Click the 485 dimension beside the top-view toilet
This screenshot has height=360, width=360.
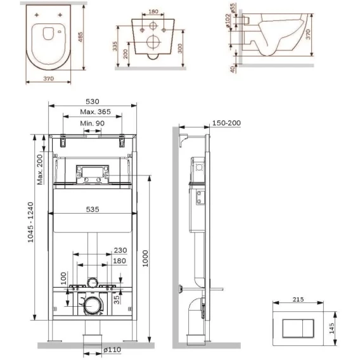click(80, 37)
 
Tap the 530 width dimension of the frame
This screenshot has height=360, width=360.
click(93, 101)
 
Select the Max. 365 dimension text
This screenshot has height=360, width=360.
click(95, 112)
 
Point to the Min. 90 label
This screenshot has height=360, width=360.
click(93, 124)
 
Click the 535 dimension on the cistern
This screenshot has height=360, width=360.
click(93, 209)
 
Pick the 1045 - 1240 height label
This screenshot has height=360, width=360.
click(30, 222)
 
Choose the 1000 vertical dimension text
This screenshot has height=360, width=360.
click(145, 259)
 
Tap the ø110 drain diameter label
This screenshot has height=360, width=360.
click(112, 350)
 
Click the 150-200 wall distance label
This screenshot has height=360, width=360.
click(226, 123)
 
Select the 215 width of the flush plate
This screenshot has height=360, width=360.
click(298, 299)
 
